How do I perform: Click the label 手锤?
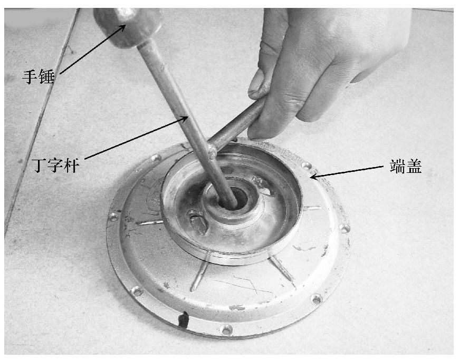tap(39, 77)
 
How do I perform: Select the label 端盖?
tap(406, 167)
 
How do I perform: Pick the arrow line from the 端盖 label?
tap(347, 172)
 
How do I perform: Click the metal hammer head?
tap(128, 26)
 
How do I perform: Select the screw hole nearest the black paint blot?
tap(226, 330)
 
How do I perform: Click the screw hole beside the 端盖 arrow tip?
tap(306, 166)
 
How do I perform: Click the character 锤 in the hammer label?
tap(46, 77)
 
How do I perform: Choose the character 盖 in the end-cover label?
tap(414, 167)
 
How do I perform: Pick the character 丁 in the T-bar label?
tap(40, 166)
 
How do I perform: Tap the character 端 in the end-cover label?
tap(398, 167)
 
